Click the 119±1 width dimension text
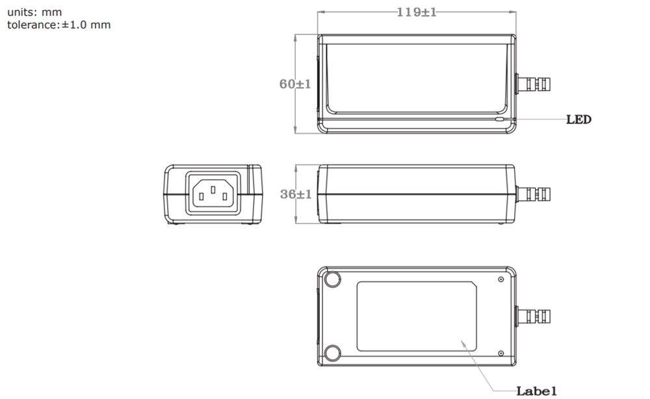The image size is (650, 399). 417,12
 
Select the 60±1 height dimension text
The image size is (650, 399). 296,84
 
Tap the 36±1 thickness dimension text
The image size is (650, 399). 296,194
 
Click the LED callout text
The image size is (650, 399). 578,120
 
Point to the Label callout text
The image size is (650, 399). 536,391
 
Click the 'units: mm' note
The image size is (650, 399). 34,12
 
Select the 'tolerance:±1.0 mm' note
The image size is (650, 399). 58,25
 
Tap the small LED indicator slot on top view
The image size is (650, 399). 499,120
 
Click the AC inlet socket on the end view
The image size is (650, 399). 213,194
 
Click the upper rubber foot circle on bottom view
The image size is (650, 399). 333,279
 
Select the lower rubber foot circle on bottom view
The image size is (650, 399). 333,353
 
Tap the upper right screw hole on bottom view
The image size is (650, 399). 500,279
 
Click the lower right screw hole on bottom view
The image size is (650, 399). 500,353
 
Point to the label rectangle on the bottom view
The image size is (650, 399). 416,316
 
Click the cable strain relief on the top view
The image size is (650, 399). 531,84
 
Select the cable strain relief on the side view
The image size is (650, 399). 531,194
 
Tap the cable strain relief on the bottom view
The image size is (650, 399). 531,316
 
